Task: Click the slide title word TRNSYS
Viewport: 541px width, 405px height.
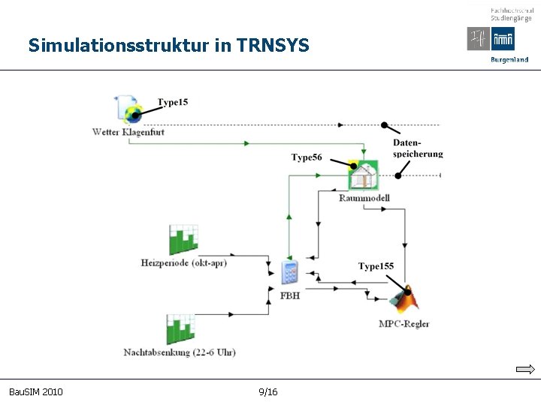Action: pos(272,46)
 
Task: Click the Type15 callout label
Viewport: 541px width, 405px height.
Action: pos(173,102)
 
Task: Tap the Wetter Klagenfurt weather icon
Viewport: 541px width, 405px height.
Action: pos(129,109)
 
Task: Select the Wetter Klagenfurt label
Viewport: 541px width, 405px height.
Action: pos(128,132)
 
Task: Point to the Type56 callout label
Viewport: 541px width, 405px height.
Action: pos(307,157)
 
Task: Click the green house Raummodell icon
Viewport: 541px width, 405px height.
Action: pos(363,175)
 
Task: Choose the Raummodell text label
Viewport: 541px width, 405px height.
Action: pos(364,198)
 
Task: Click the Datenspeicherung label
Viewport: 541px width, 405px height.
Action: pos(418,148)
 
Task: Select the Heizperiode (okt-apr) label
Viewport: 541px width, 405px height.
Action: pos(183,262)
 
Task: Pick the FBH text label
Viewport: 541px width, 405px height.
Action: pos(290,295)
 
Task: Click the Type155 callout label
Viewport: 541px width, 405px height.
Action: pos(376,266)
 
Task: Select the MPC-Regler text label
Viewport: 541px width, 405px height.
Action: pos(404,324)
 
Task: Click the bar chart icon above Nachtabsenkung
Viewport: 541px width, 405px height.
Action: pos(180,329)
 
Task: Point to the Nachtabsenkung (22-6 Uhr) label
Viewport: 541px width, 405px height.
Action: pos(180,352)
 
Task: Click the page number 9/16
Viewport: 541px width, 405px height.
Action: pos(267,392)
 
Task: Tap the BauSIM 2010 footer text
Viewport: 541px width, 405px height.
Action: pos(35,392)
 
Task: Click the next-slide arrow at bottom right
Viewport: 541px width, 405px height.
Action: pos(525,369)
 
